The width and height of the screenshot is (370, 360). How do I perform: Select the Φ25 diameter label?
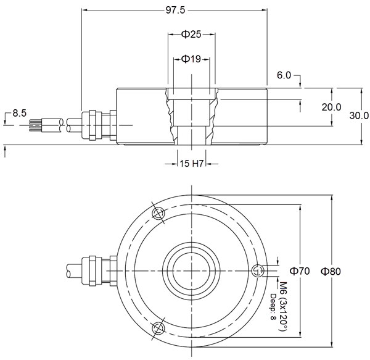pyautogui.click(x=192, y=35)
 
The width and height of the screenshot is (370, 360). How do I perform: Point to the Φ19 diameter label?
pyautogui.click(x=192, y=59)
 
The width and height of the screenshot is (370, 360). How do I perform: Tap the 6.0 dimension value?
pyautogui.click(x=284, y=75)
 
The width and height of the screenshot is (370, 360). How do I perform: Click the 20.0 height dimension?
pyautogui.click(x=331, y=106)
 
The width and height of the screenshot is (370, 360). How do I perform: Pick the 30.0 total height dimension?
pyautogui.click(x=358, y=115)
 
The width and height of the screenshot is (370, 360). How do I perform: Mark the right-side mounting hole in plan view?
pyautogui.click(x=258, y=270)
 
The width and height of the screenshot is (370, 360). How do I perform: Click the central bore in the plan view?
pyautogui.click(x=192, y=270)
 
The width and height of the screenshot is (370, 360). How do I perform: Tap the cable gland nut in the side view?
pyautogui.click(x=93, y=125)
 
